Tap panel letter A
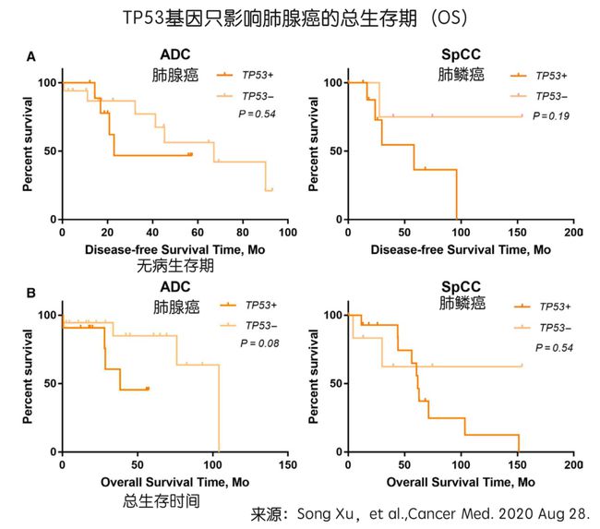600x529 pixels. click(30, 57)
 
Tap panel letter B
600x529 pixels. click(30, 294)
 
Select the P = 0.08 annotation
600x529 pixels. click(259, 343)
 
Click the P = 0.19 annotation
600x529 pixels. click(547, 115)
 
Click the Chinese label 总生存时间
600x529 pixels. click(162, 501)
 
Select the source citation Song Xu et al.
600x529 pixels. click(426, 512)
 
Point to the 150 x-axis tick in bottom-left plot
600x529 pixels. click(287, 465)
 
